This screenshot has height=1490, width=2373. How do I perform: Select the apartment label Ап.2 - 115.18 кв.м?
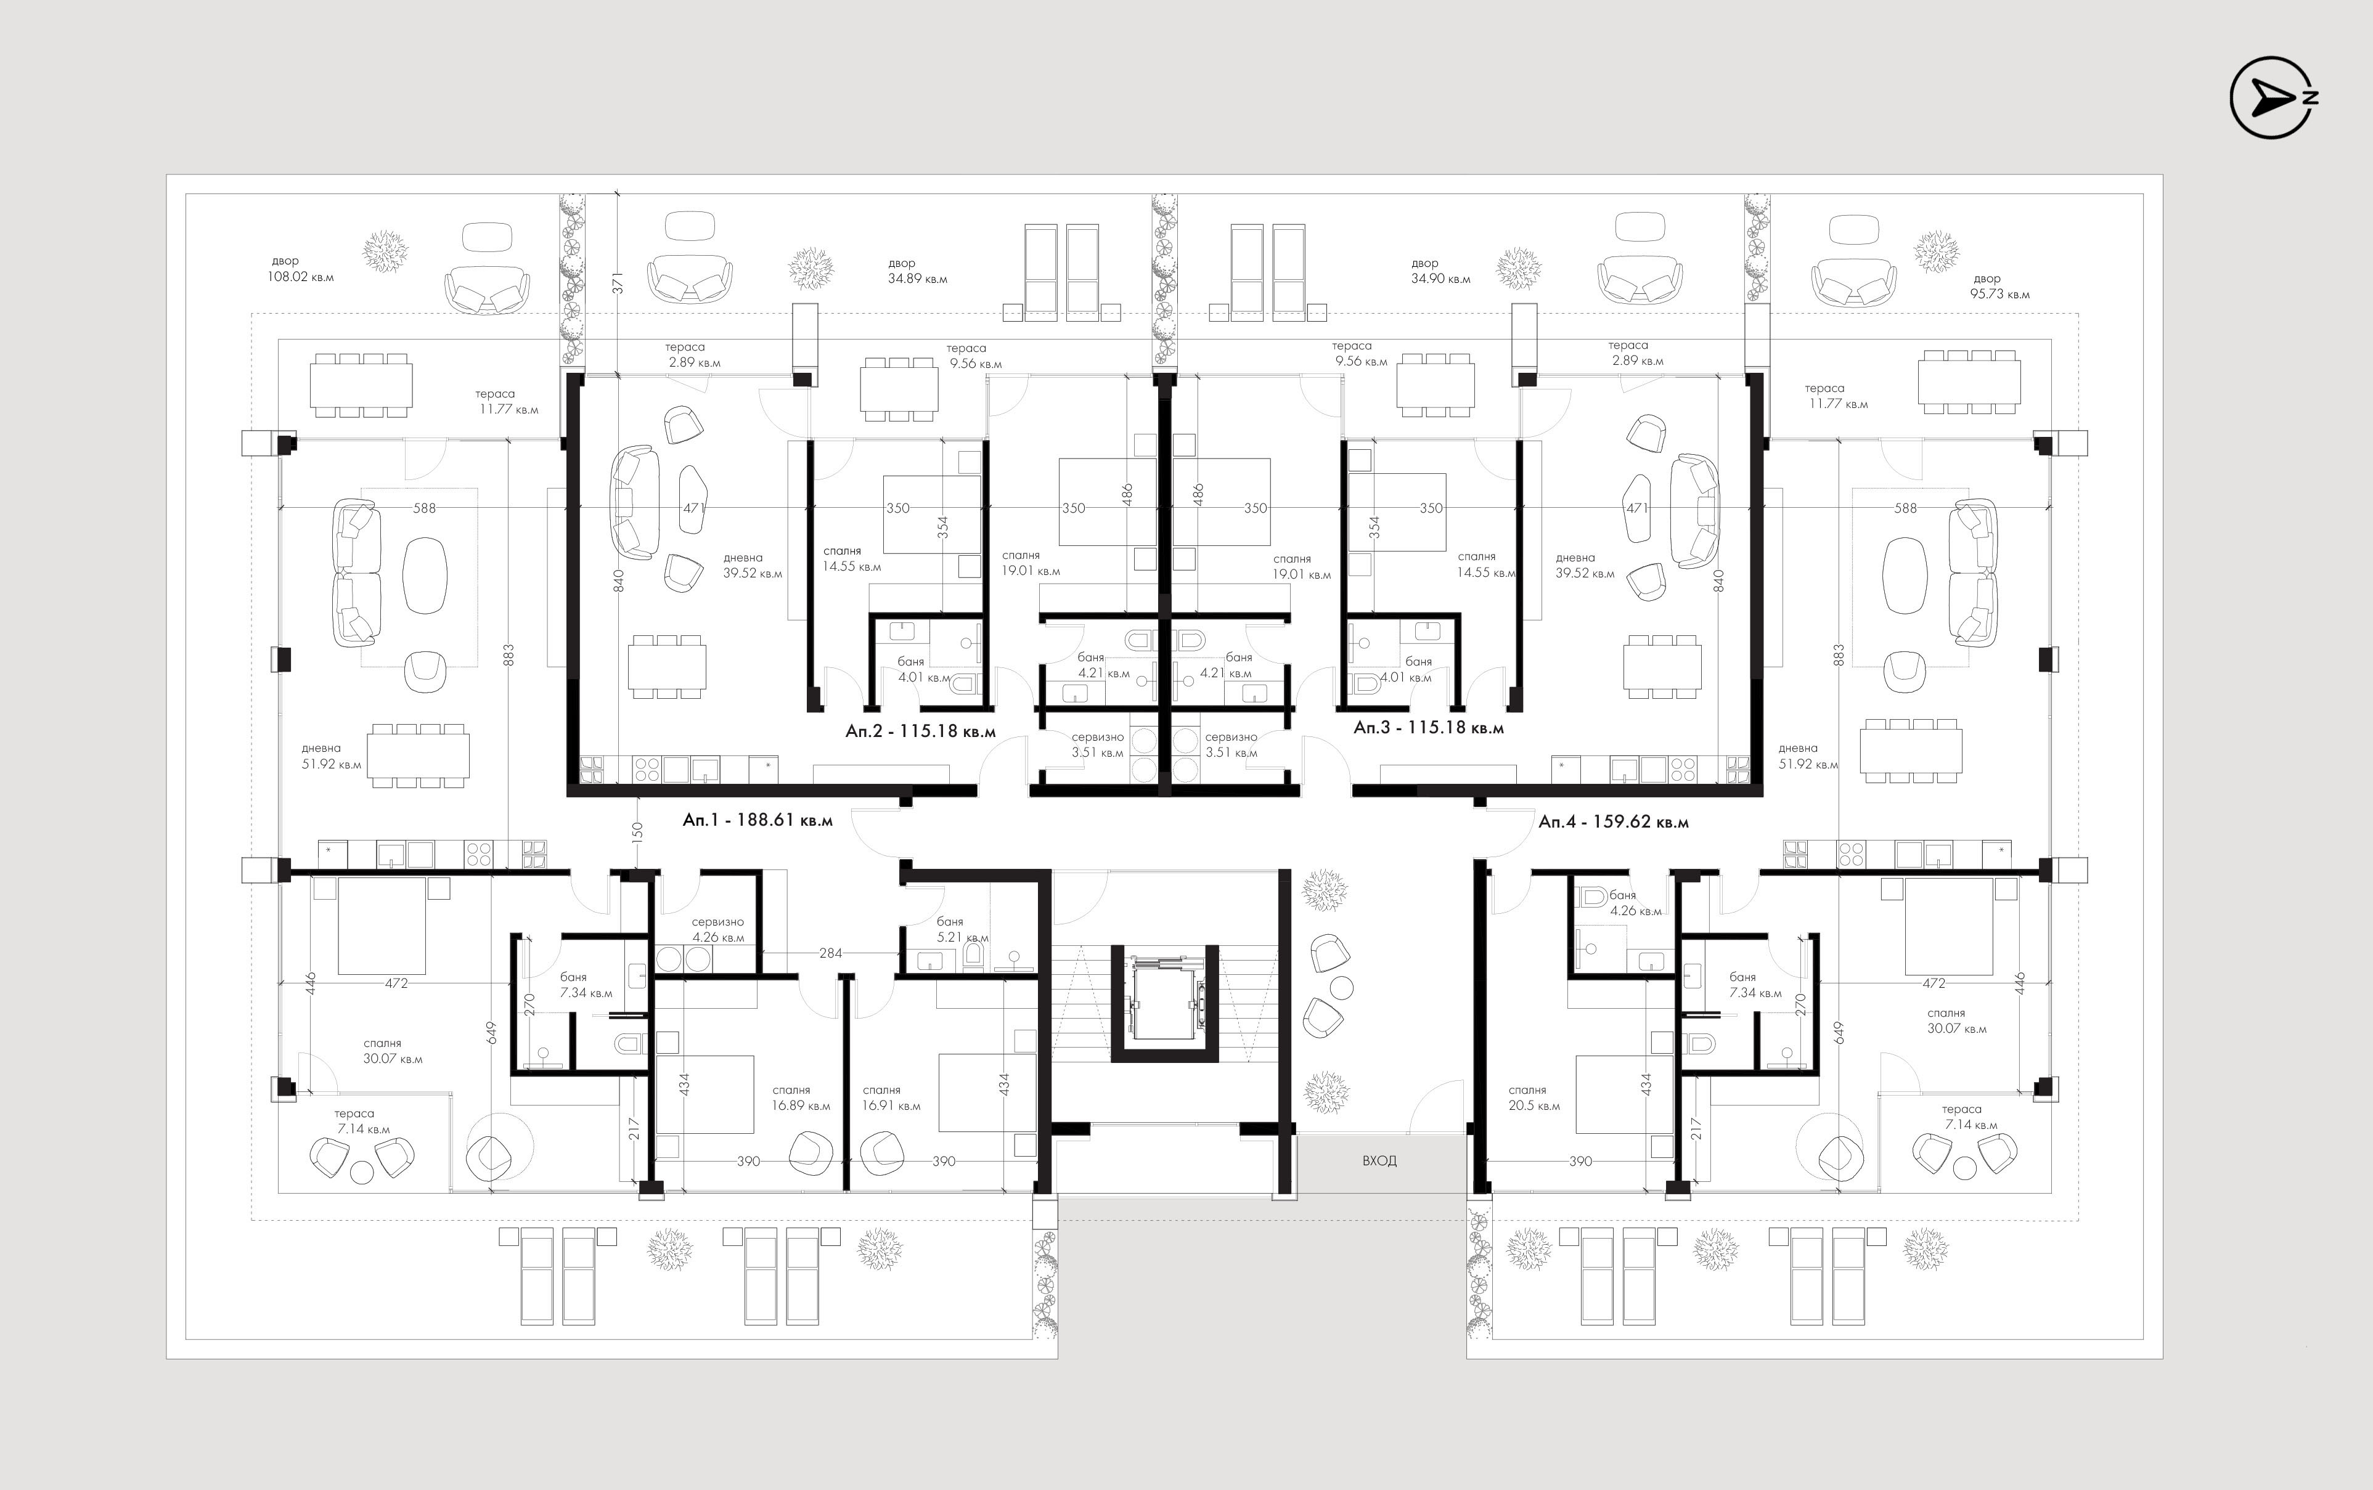[x=920, y=731]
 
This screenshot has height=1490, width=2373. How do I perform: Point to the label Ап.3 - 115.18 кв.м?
[x=1429, y=728]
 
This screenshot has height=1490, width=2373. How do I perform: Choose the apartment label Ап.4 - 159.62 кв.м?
[x=1613, y=821]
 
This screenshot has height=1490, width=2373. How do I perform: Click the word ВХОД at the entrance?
[x=1379, y=1161]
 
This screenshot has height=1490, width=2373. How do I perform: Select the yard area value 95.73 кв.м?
[x=2001, y=295]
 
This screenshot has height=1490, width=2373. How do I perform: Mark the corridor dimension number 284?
[x=831, y=953]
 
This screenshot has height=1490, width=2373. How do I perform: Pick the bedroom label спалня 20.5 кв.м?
[x=1534, y=1098]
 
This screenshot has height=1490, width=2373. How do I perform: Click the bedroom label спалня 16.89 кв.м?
[x=801, y=1098]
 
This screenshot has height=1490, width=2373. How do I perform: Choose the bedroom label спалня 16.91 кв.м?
[x=891, y=1098]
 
